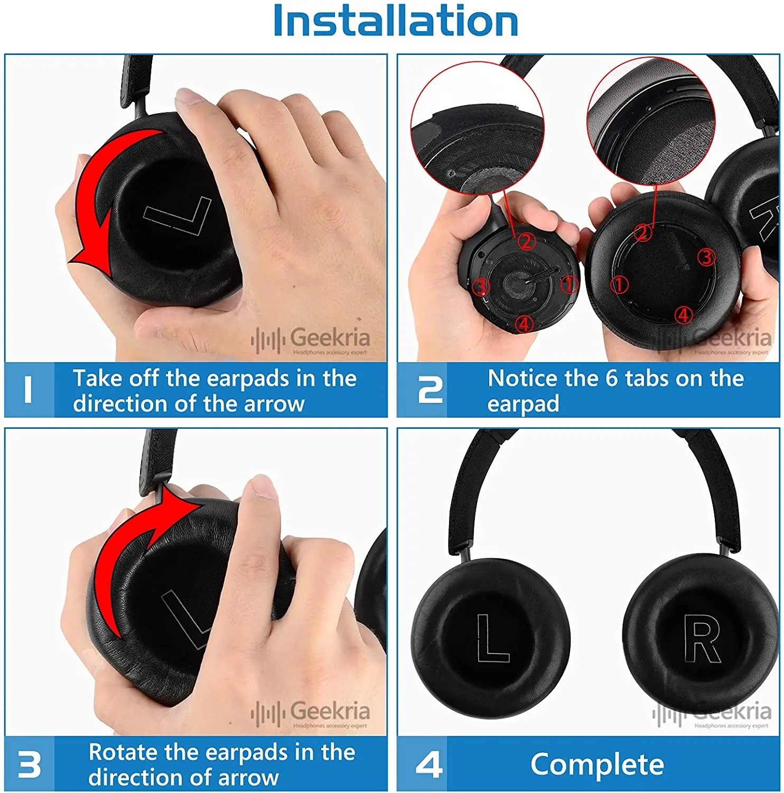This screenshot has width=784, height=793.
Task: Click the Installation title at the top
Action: click(395, 21)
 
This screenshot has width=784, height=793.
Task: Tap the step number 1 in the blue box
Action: click(29, 390)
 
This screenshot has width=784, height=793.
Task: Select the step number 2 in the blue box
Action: click(430, 390)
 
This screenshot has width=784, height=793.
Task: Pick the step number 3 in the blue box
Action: click(29, 764)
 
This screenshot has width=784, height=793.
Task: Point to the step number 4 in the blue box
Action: click(429, 764)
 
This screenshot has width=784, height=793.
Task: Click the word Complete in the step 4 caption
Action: click(597, 764)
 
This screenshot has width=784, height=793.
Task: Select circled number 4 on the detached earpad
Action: click(684, 315)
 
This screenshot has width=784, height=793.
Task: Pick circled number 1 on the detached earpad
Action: click(619, 285)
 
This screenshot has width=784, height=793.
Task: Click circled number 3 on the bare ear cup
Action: click(481, 287)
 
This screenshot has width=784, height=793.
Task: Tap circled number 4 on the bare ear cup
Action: click(524, 322)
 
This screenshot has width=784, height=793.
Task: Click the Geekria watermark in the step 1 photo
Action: click(312, 340)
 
